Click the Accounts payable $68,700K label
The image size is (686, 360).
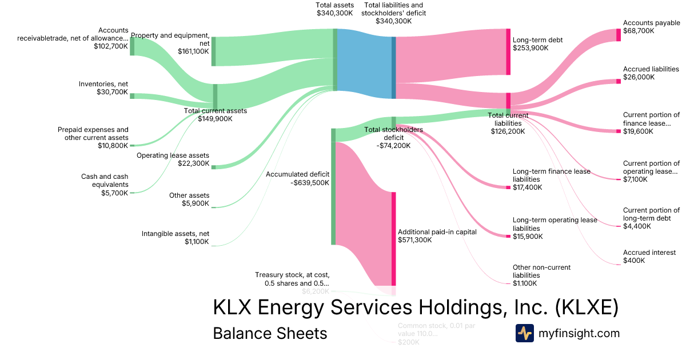pyautogui.click(x=651, y=27)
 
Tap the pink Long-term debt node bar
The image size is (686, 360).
pyautogui.click(x=508, y=51)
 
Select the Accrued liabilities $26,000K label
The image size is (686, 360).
pyautogui.click(x=651, y=73)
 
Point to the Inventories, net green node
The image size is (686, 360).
pyautogui.click(x=132, y=96)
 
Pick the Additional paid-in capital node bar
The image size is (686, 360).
pyautogui.click(x=393, y=238)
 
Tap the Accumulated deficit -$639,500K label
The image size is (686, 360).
pyautogui.click(x=297, y=178)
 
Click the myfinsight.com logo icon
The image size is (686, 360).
pyautogui.click(x=524, y=333)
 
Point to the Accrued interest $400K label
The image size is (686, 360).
pyautogui.click(x=649, y=256)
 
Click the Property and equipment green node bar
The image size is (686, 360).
pyautogui.click(x=214, y=51)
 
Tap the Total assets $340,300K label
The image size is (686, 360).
pyautogui.click(x=334, y=9)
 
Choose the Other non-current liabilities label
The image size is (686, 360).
pyautogui.click(x=541, y=275)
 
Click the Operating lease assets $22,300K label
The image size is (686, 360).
pyautogui.click(x=173, y=159)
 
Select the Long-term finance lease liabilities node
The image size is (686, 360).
pyautogui.click(x=508, y=187)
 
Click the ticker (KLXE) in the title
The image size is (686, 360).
pyautogui.click(x=587, y=307)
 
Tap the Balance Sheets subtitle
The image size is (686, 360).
pyautogui.click(x=270, y=333)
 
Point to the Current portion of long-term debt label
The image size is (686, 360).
pyautogui.click(x=651, y=218)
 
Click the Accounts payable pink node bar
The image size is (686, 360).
pyautogui.click(x=618, y=35)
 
